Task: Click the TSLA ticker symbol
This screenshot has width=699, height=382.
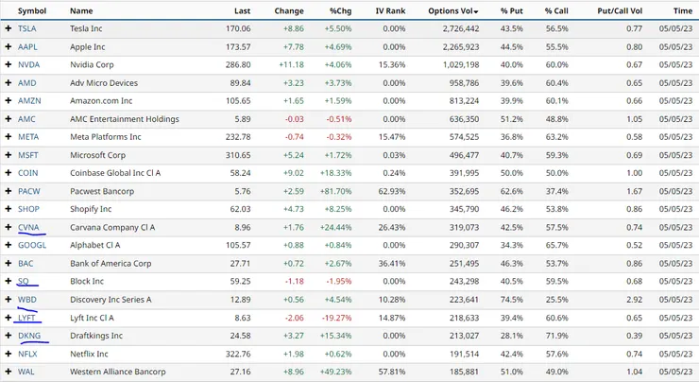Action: (26, 28)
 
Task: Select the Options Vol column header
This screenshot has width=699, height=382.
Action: (452, 10)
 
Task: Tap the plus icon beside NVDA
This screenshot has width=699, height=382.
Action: (8, 64)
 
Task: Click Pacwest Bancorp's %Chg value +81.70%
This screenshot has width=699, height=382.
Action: (335, 191)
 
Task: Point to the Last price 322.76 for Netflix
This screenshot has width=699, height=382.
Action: (238, 354)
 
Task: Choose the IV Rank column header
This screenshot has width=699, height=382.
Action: (390, 10)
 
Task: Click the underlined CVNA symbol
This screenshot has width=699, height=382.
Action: (28, 227)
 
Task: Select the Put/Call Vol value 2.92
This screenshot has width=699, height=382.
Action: (635, 300)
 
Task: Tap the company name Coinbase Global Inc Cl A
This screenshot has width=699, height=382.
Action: (115, 173)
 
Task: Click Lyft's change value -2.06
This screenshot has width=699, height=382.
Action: (294, 318)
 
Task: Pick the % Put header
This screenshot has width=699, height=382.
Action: (511, 10)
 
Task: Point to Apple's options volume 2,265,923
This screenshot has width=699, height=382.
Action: (461, 47)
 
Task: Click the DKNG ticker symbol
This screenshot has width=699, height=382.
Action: (29, 336)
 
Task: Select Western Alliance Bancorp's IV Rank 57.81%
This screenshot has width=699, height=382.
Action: (392, 372)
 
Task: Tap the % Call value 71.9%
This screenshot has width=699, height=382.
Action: (556, 336)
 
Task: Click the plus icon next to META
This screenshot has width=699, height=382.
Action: (8, 137)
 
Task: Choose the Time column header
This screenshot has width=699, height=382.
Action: (683, 10)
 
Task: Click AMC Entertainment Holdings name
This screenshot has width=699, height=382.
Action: (125, 119)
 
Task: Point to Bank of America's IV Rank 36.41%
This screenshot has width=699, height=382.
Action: (392, 263)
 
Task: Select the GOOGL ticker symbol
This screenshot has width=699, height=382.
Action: (32, 245)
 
